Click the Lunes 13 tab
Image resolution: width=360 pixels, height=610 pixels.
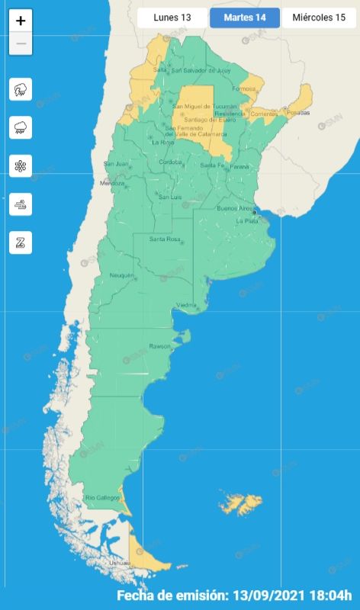click(x=172, y=18)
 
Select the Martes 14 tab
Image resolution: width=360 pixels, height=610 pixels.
click(x=244, y=18)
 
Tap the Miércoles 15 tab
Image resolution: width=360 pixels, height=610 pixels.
click(x=318, y=18)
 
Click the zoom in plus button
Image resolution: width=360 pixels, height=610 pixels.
click(x=21, y=21)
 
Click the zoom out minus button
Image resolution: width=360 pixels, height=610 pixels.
click(x=21, y=43)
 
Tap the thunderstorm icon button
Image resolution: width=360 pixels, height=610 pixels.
click(x=21, y=89)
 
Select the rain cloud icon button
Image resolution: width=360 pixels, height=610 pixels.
click(x=21, y=127)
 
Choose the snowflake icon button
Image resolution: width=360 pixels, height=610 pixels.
click(x=21, y=165)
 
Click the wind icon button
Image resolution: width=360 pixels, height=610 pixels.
click(x=21, y=204)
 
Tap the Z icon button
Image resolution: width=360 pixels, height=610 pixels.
click(x=21, y=242)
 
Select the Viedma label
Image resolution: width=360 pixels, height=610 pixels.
click(x=187, y=305)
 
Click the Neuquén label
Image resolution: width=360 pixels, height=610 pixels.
click(x=122, y=274)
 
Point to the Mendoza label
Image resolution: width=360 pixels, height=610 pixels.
click(x=112, y=183)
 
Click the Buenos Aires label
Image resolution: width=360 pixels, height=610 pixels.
click(x=233, y=207)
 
